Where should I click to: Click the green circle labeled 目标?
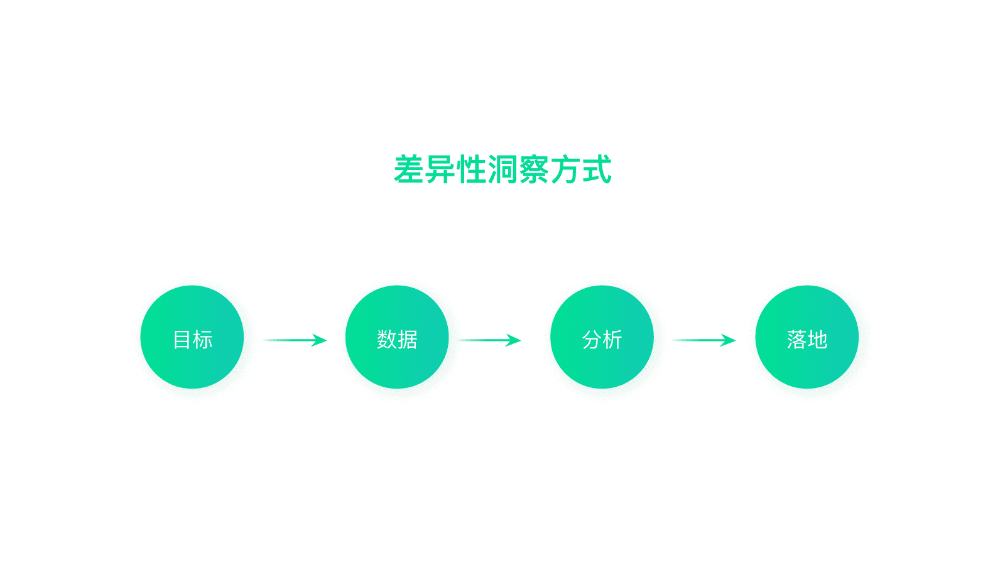pos(192,337)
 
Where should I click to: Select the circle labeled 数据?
pos(397,337)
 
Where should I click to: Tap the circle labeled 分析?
pos(602,337)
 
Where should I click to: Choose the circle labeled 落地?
pos(807,337)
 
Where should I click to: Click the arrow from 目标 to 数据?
pos(295,340)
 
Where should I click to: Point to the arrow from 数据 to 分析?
pos(490,340)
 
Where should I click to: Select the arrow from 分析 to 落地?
pos(703,340)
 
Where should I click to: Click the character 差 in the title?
pos(409,170)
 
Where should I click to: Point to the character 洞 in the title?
pos(503,170)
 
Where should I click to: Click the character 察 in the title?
pos(534,170)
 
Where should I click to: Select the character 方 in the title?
pos(565,170)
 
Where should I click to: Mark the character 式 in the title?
pos(597,170)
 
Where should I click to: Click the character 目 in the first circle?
pos(182,340)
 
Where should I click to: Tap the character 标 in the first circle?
pos(203,340)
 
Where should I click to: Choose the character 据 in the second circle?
pos(408,340)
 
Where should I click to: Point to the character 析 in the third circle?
pos(612,340)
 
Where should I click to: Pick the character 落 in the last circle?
pos(796,340)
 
